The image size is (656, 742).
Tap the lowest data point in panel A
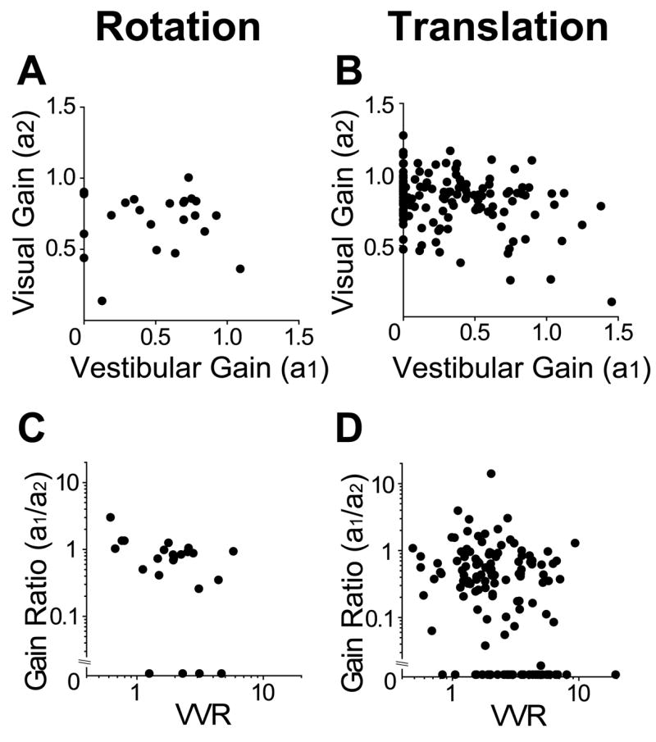pos(102,301)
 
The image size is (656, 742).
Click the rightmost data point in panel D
pos(616,674)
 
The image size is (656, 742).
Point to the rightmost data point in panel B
pos(611,302)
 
